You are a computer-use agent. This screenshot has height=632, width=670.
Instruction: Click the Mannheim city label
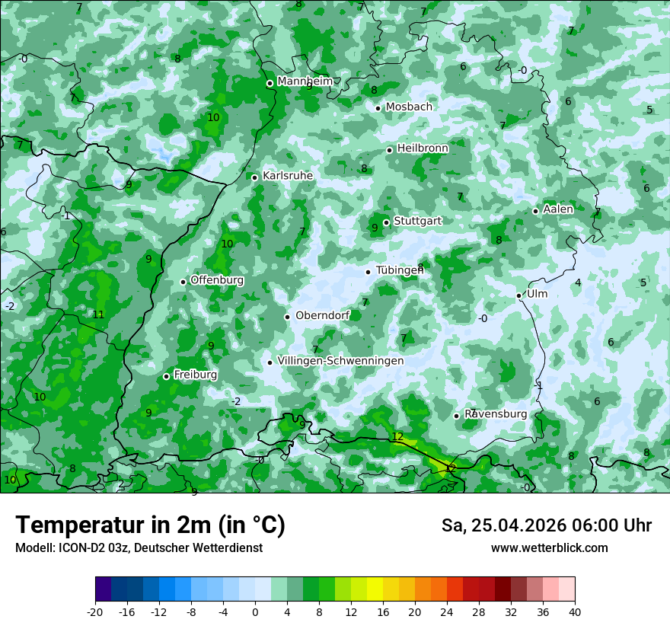pyautogui.click(x=305, y=81)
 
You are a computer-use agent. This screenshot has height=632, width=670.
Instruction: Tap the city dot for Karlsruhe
pyautogui.click(x=255, y=177)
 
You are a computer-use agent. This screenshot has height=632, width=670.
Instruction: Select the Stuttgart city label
pyautogui.click(x=417, y=221)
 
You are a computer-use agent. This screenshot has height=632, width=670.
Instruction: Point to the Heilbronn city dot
pyautogui.click(x=390, y=150)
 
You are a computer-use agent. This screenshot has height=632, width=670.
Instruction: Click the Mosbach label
pyautogui.click(x=409, y=107)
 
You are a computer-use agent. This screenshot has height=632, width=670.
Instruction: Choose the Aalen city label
pyautogui.click(x=558, y=209)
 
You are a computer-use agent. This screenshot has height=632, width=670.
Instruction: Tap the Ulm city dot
pyautogui.click(x=519, y=295)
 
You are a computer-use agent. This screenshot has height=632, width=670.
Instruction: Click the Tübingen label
pyautogui.click(x=400, y=270)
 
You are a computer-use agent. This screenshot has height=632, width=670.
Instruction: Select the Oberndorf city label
pyautogui.click(x=322, y=315)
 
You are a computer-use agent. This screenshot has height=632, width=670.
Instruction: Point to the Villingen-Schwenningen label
pyautogui.click(x=340, y=360)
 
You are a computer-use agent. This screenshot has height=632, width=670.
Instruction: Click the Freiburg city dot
pyautogui.click(x=167, y=376)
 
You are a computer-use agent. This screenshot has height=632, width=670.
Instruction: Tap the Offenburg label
pyautogui.click(x=217, y=280)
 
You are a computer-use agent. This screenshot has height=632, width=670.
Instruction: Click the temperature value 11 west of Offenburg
pyautogui.click(x=98, y=314)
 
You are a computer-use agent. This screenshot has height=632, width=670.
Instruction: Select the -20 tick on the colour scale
pyautogui.click(x=95, y=611)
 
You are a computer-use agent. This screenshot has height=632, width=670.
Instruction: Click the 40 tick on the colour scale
pyautogui.click(x=575, y=611)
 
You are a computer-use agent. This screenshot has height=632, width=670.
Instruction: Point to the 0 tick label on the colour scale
pyautogui.click(x=255, y=611)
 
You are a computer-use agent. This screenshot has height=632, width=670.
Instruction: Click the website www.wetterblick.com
pyautogui.click(x=549, y=547)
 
